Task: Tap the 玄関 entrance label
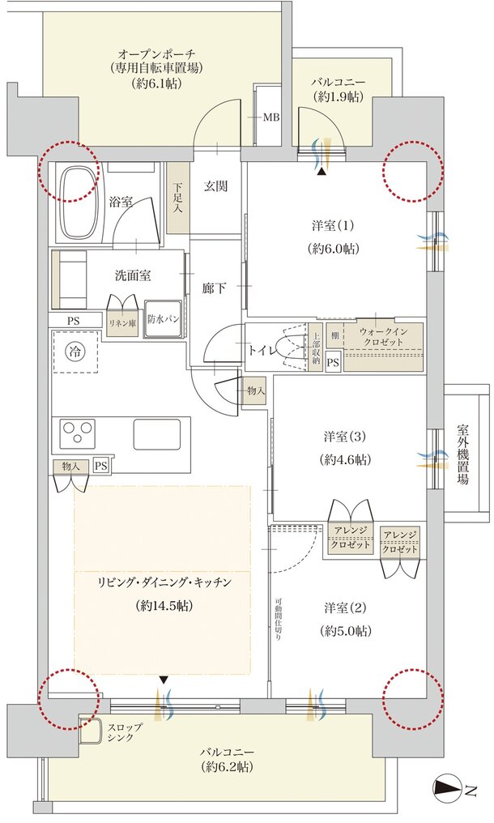(215, 186)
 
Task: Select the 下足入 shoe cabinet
(178, 198)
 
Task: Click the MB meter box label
(271, 117)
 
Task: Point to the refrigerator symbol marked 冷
(75, 352)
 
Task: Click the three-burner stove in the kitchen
(77, 433)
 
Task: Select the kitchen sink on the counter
(156, 434)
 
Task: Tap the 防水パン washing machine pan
(164, 318)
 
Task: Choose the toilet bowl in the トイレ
(293, 347)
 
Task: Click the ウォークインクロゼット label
(382, 337)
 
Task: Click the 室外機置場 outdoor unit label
(462, 454)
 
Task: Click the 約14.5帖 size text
(164, 606)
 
